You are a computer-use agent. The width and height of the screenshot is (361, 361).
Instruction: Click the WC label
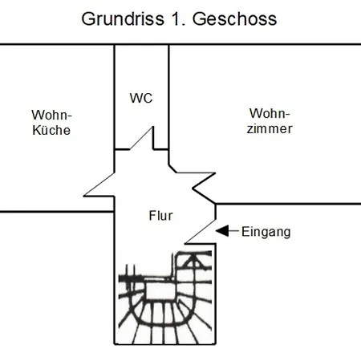click(x=141, y=98)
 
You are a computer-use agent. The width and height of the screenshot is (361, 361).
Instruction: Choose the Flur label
click(x=160, y=215)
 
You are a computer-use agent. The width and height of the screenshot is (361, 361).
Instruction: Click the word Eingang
click(x=266, y=233)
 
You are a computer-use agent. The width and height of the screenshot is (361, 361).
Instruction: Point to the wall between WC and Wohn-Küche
click(x=115, y=96)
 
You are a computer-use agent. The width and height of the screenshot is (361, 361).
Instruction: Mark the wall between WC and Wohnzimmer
click(x=168, y=96)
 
